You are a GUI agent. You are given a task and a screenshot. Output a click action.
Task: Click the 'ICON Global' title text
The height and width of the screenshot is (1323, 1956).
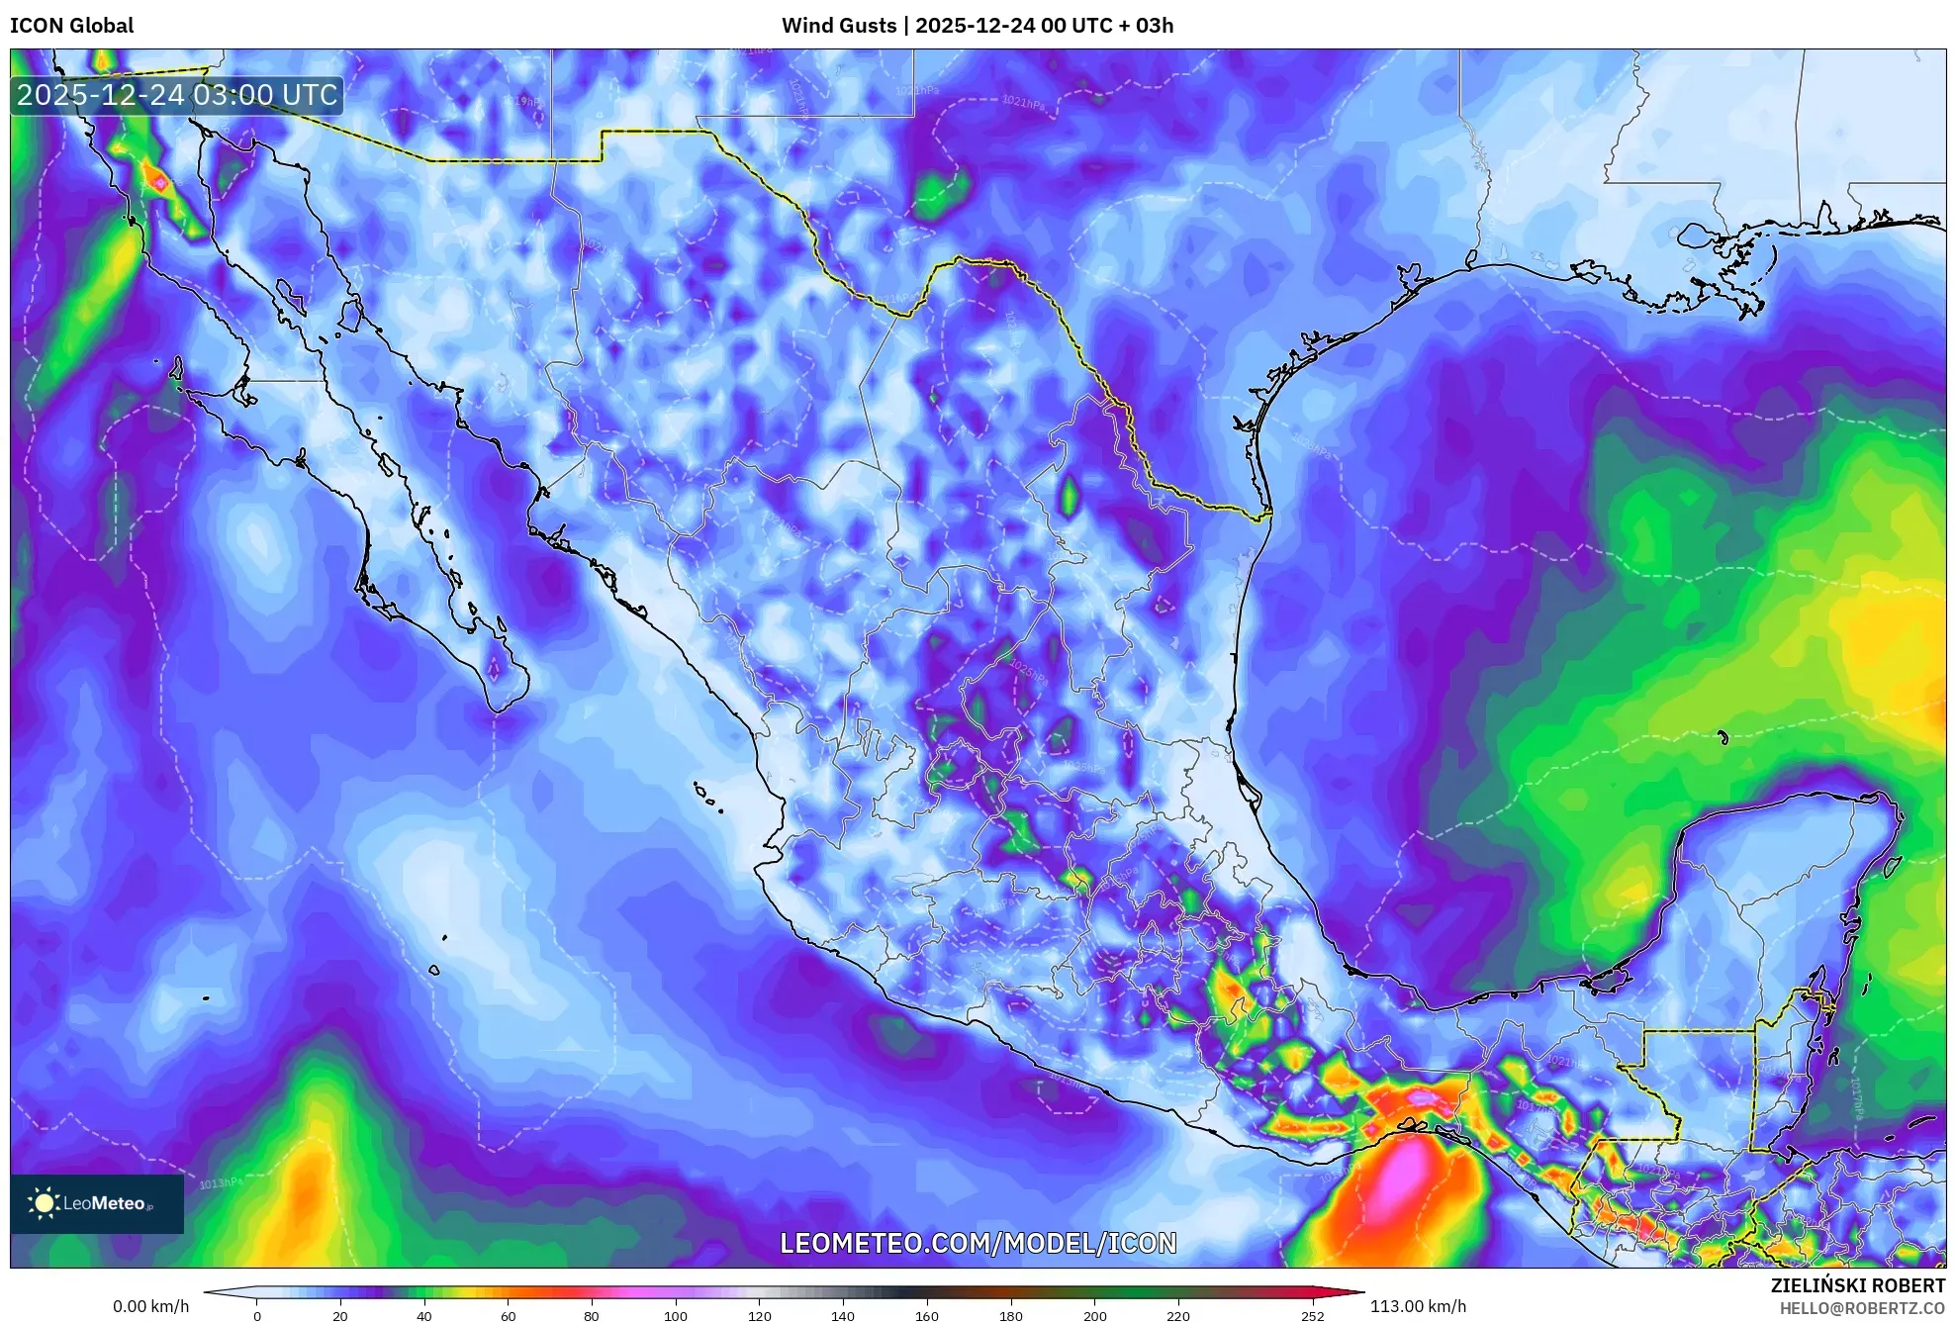(72, 26)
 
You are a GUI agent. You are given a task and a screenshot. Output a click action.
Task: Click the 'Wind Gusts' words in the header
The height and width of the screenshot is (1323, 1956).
(839, 26)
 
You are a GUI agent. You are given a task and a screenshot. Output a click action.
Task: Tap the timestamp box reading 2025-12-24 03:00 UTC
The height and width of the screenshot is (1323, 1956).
(177, 95)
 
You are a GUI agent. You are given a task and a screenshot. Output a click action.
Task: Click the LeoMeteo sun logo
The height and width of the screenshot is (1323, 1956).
(44, 1203)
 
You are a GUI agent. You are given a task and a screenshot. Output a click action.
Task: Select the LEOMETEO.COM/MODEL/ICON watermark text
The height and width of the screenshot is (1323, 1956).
(978, 1243)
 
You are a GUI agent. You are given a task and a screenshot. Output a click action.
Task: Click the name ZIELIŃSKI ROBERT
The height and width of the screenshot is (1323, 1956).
(1857, 1285)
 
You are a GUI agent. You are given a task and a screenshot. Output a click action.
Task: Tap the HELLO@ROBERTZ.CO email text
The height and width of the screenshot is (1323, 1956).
(1862, 1308)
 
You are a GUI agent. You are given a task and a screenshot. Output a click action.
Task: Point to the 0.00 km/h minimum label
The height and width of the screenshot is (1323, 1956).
(150, 1306)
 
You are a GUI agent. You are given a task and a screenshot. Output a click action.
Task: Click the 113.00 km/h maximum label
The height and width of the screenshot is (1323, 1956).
(1418, 1306)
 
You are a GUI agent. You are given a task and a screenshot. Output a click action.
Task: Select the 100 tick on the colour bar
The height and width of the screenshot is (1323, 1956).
(676, 1316)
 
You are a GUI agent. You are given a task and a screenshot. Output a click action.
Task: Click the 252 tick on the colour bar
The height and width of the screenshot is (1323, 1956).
(1312, 1316)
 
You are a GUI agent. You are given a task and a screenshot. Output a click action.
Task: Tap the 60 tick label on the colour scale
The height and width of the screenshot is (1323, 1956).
(508, 1316)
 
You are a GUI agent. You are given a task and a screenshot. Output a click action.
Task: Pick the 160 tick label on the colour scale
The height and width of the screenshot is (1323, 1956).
(927, 1316)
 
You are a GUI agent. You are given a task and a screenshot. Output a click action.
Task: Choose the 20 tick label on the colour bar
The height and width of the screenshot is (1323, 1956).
(340, 1316)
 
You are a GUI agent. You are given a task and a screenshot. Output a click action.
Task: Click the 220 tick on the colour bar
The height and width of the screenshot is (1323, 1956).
(1178, 1316)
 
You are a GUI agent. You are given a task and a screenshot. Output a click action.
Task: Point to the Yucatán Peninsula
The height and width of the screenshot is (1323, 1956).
(1781, 891)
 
